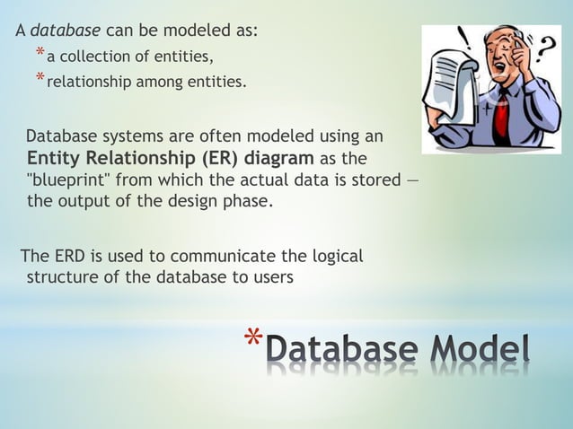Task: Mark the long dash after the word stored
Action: (412, 180)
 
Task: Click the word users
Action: (269, 276)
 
